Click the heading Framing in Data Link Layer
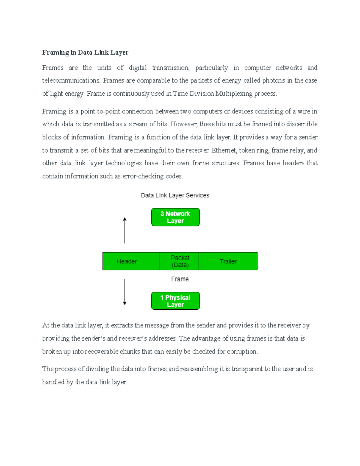[85, 53]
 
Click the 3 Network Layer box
[175, 217]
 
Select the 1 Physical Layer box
[175, 301]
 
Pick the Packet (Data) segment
[180, 261]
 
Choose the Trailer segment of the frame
[228, 261]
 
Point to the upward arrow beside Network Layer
[125, 230]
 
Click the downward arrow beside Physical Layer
[125, 292]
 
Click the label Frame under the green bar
[180, 279]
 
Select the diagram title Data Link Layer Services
[175, 195]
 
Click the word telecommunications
[71, 80]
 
